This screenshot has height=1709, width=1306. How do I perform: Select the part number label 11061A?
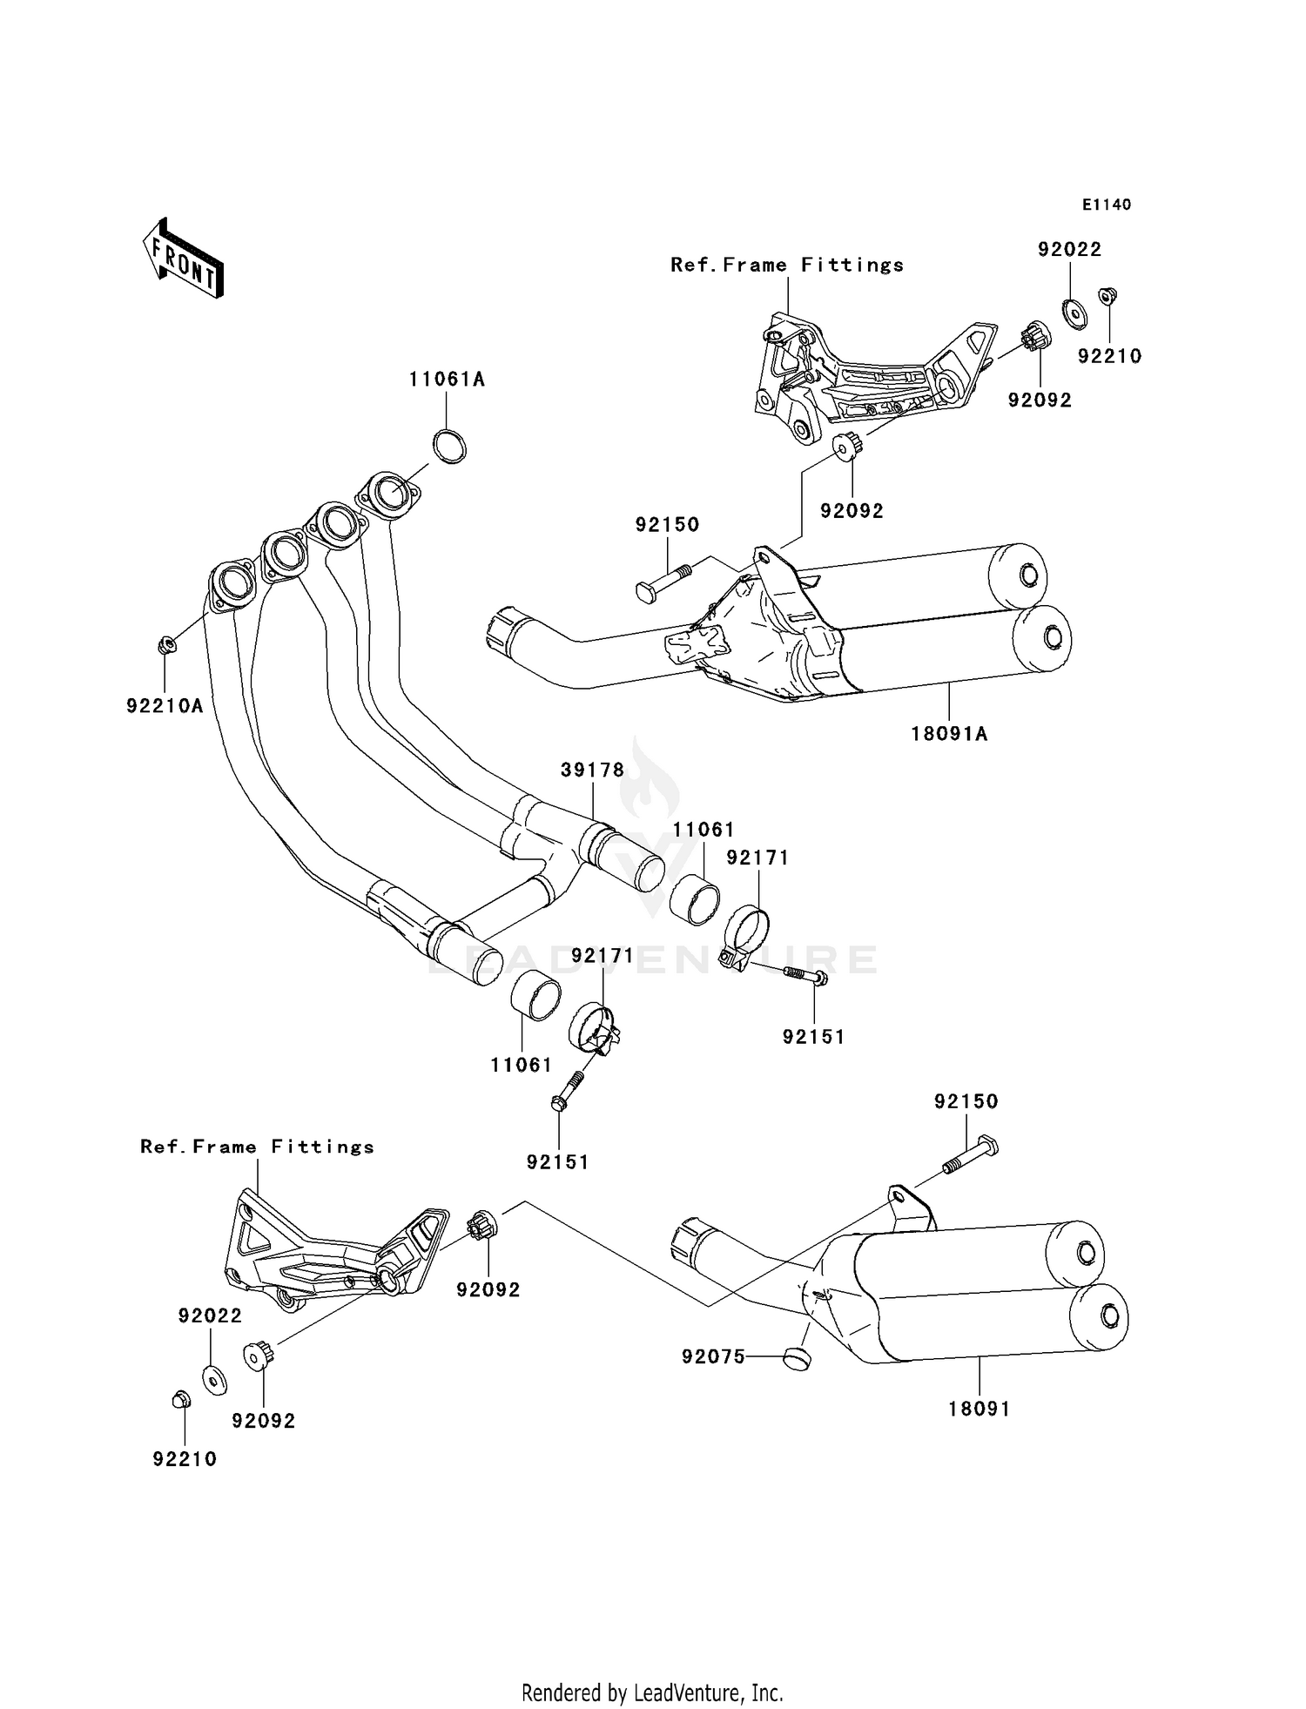click(448, 380)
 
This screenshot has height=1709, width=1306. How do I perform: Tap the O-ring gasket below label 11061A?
click(450, 447)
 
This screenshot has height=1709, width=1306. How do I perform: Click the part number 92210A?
click(165, 706)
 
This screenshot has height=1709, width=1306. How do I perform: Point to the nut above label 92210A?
click(166, 645)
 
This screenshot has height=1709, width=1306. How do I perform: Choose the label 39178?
click(593, 770)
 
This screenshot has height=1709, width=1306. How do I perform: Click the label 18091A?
click(950, 734)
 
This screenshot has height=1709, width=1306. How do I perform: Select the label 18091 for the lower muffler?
click(979, 1409)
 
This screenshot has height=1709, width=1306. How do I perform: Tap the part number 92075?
click(714, 1356)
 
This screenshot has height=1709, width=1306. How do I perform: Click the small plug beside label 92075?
click(795, 1356)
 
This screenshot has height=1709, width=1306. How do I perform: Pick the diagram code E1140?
click(1107, 205)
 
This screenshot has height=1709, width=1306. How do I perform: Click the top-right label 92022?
click(1070, 250)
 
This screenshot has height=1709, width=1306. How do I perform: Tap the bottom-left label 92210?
click(185, 1459)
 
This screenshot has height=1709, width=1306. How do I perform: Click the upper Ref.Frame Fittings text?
click(787, 265)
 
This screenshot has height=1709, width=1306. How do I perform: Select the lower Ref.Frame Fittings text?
click(258, 1147)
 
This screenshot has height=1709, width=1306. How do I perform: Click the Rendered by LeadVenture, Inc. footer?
click(652, 1692)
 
